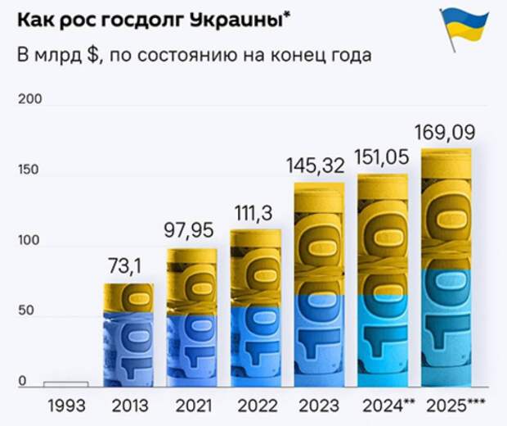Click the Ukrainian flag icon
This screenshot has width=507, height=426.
pyautogui.click(x=465, y=31)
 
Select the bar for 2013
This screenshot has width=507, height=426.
pyautogui.click(x=129, y=334)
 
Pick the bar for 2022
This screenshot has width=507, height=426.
pyautogui.click(x=255, y=308)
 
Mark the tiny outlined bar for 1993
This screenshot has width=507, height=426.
pyautogui.click(x=66, y=383)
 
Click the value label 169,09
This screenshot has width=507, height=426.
pyautogui.click(x=446, y=131)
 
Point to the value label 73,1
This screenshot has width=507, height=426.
pyautogui.click(x=129, y=265)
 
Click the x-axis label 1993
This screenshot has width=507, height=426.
pyautogui.click(x=66, y=406)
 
